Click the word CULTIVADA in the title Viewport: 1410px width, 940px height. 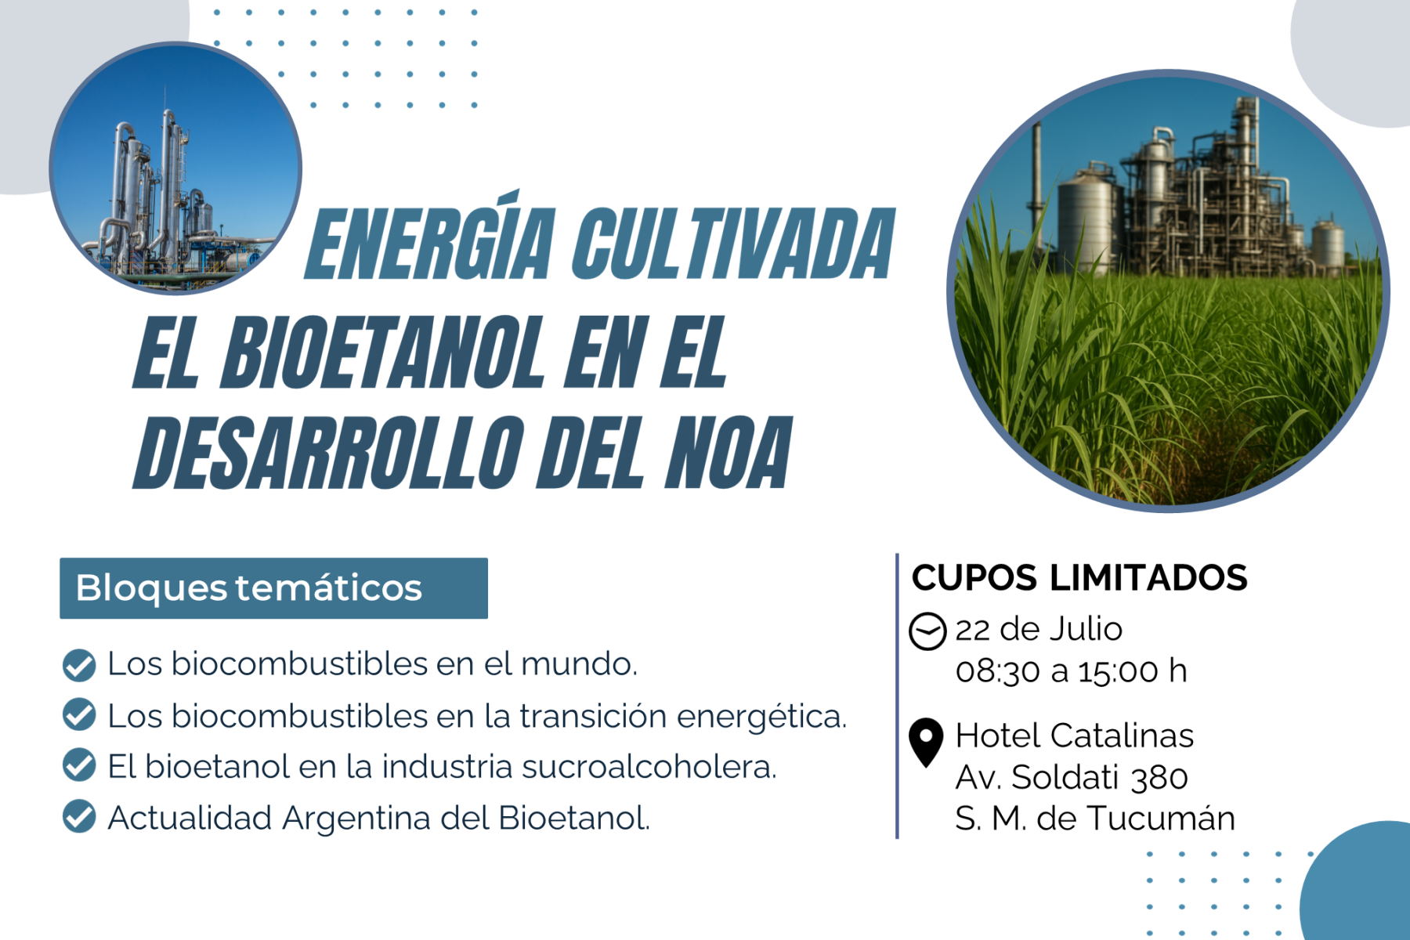tap(734, 243)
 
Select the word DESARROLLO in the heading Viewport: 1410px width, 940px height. tap(329, 454)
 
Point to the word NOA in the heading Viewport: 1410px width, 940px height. tap(728, 454)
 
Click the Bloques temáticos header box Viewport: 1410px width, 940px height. tap(273, 588)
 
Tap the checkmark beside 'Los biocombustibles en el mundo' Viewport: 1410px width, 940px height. tap(79, 665)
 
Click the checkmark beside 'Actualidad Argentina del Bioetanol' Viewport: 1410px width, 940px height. tap(79, 816)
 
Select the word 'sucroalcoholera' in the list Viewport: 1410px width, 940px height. tap(649, 766)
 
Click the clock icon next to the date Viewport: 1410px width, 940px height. tap(927, 631)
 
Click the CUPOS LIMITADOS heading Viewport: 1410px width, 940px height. tap(1079, 578)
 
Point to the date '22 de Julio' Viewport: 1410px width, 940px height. tap(1039, 629)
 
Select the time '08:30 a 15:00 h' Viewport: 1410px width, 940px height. tap(1072, 671)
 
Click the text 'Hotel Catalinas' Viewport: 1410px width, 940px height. tap(1075, 736)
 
